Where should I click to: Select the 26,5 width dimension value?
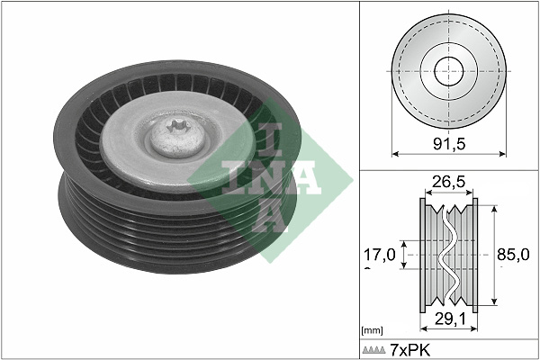tap(448, 183)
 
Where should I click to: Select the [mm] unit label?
tap(371, 331)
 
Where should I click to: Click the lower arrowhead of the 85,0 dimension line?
tap(492, 306)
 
